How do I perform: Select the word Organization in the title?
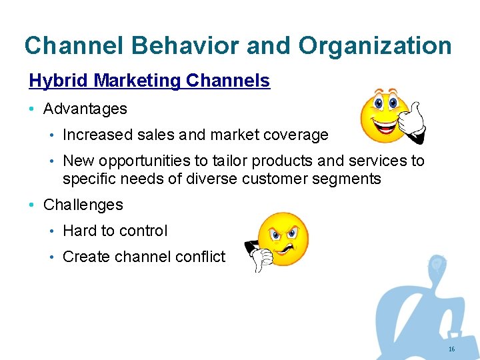(375, 45)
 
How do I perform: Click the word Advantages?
(85, 108)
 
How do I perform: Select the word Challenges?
(83, 205)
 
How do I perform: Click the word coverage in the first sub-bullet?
(295, 135)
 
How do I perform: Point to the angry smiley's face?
(283, 238)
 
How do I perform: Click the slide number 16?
(451, 349)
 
